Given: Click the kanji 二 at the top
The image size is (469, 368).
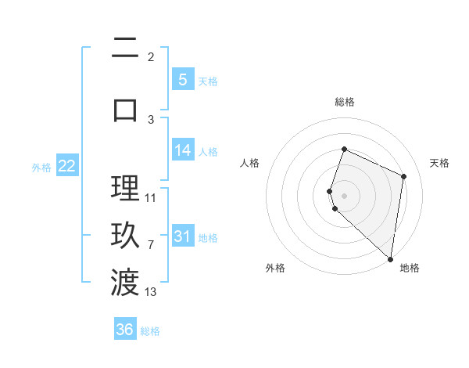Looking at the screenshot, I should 125,49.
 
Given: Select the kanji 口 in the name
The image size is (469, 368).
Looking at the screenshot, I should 125,109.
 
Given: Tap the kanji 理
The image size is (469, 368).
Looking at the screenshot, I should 125,189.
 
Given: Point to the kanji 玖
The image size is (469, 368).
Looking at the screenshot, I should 125,236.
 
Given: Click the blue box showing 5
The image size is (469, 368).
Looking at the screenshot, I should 182,79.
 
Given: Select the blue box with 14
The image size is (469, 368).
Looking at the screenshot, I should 183,150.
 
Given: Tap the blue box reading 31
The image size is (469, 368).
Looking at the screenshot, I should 183,236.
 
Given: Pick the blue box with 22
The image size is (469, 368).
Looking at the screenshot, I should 66,166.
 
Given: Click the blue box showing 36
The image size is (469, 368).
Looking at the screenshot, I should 125,330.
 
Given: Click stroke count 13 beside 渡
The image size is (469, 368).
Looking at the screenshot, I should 151,292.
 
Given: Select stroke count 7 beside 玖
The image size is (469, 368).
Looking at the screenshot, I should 151,245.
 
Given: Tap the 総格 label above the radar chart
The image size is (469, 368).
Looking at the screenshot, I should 345,102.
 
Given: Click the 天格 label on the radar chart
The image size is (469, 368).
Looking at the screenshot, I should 439,163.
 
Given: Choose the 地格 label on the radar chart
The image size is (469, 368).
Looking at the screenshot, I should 410,268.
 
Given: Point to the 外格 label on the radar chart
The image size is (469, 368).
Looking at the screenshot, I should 275,268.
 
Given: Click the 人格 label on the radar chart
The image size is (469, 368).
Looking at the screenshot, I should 250,163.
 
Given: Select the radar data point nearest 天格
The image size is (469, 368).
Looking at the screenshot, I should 404,176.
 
